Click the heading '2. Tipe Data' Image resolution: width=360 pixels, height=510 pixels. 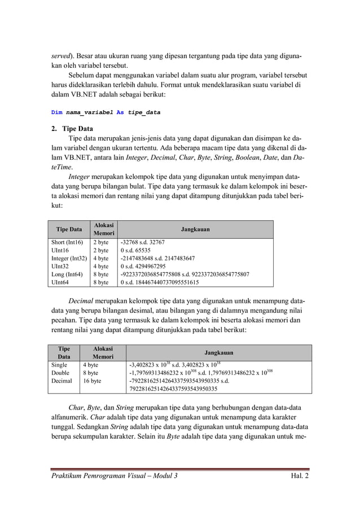click(x=72, y=128)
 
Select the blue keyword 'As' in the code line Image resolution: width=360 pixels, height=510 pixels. click(x=120, y=112)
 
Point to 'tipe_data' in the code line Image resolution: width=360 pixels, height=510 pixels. click(x=144, y=112)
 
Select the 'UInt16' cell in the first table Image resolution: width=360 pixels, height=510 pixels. click(x=60, y=250)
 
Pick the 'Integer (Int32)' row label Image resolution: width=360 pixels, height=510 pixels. click(x=69, y=258)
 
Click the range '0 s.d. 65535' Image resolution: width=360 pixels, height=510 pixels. click(x=136, y=250)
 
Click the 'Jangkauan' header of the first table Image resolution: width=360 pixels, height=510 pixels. click(x=195, y=230)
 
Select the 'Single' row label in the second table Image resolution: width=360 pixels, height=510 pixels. click(x=59, y=365)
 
